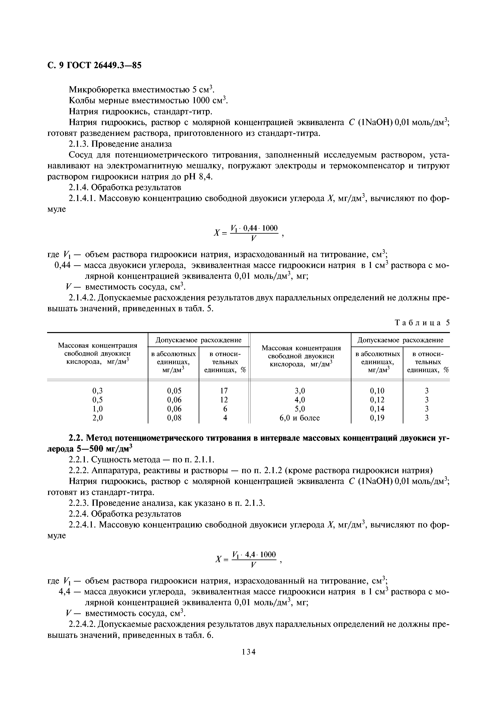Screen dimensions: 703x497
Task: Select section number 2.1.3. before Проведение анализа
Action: point(80,144)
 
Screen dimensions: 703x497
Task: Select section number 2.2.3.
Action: point(80,503)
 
